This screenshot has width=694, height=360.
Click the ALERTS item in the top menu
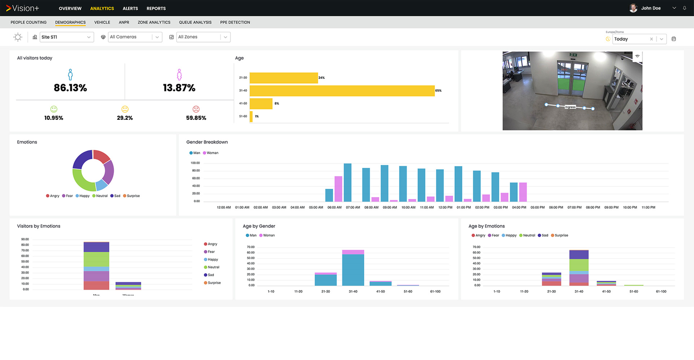(x=130, y=8)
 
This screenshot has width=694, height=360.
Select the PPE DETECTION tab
(x=235, y=22)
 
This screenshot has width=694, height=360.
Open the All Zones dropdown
(x=203, y=37)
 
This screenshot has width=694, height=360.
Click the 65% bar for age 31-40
(x=342, y=91)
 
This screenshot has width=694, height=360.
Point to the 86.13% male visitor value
(x=70, y=88)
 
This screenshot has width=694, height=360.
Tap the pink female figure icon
(x=179, y=74)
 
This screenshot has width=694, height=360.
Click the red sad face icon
(x=196, y=109)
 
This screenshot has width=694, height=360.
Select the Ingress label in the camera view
(x=570, y=107)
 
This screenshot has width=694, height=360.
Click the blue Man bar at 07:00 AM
(x=347, y=183)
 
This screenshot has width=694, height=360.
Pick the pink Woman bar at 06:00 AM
(x=338, y=189)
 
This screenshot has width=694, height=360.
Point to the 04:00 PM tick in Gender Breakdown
(x=519, y=207)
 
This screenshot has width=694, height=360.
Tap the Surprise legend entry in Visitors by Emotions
(x=214, y=283)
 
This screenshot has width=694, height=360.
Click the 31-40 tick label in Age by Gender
(x=353, y=292)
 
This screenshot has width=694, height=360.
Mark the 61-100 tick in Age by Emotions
(x=661, y=292)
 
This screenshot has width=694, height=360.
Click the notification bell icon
(x=684, y=8)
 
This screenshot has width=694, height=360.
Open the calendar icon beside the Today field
(x=674, y=39)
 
